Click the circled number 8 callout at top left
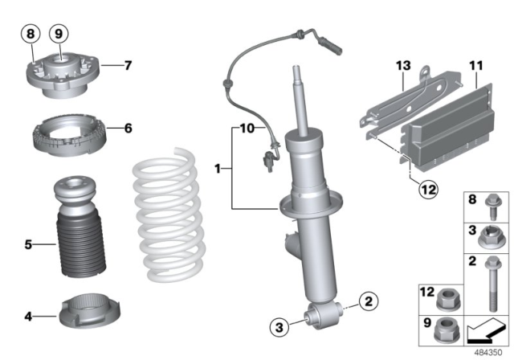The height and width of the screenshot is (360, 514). point(30,35)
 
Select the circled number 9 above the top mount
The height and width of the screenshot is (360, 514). point(57,35)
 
